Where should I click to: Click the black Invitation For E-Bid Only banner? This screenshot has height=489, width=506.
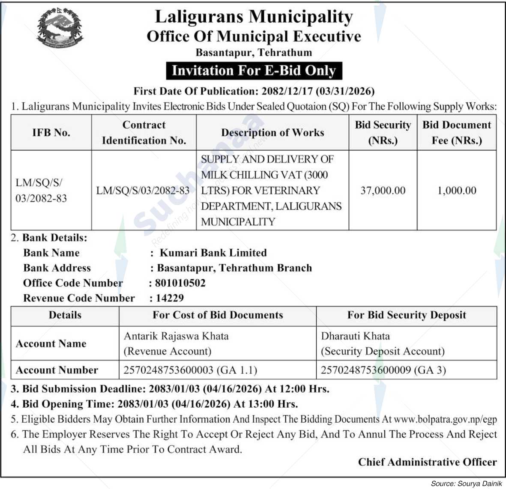(x=254, y=71)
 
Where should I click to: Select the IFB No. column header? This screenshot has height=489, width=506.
(x=51, y=133)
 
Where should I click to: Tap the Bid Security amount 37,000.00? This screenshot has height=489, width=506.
(x=383, y=191)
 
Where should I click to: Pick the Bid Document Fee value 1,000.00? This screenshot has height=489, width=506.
(x=457, y=191)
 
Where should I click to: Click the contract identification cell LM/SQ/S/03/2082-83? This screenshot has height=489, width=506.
(x=143, y=191)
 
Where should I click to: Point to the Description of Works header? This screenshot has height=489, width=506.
(x=272, y=133)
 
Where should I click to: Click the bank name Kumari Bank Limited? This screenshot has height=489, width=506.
(x=213, y=253)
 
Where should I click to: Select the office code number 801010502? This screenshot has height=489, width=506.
(x=180, y=283)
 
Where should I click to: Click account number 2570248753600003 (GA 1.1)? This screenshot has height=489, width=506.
(x=190, y=370)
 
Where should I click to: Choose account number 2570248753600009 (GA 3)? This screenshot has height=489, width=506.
(x=383, y=370)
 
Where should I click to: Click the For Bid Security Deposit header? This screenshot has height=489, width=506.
(x=406, y=315)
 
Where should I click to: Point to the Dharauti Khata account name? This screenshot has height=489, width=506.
(x=355, y=336)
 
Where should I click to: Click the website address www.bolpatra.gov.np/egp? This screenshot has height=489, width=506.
(x=446, y=419)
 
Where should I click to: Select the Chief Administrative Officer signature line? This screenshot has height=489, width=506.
(x=427, y=462)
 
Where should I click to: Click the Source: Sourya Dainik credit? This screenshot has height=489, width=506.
(x=466, y=483)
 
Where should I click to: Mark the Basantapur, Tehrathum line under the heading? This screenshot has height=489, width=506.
(x=254, y=53)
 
